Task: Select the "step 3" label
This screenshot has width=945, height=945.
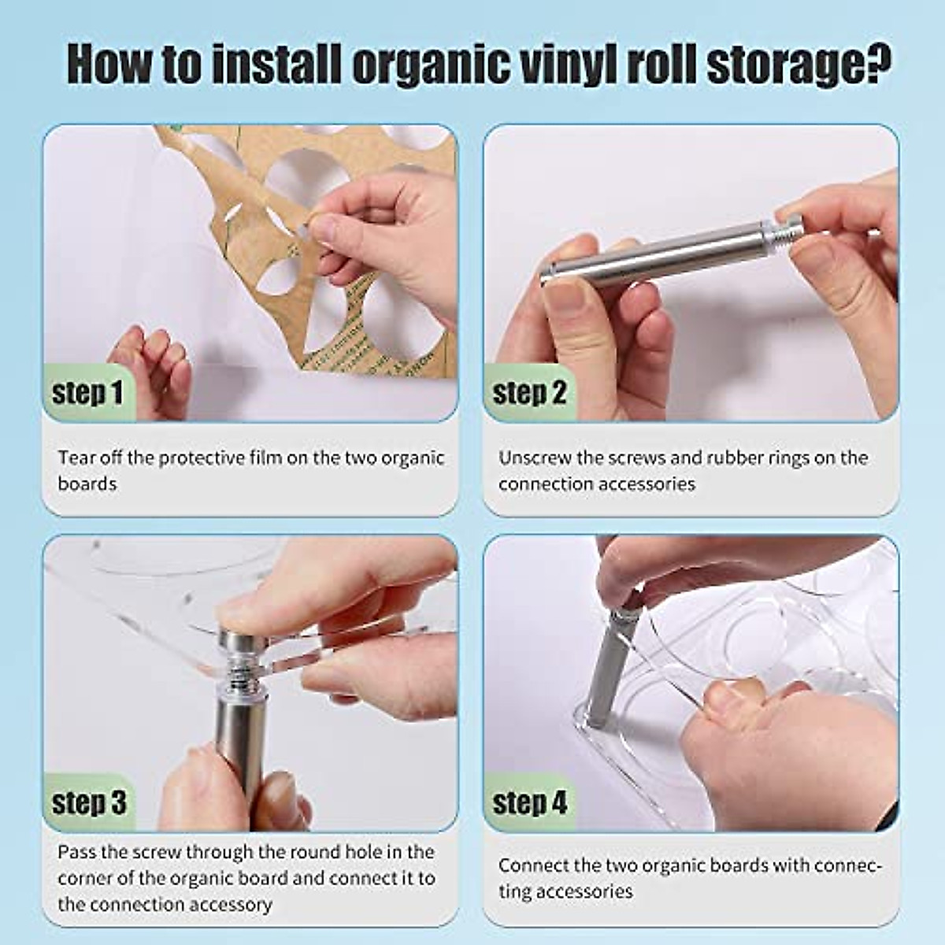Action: pos(88,802)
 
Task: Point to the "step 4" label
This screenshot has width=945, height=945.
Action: pos(529,802)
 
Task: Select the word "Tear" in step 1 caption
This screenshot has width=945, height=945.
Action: pos(76,458)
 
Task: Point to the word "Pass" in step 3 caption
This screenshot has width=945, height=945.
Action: pos(76,852)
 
